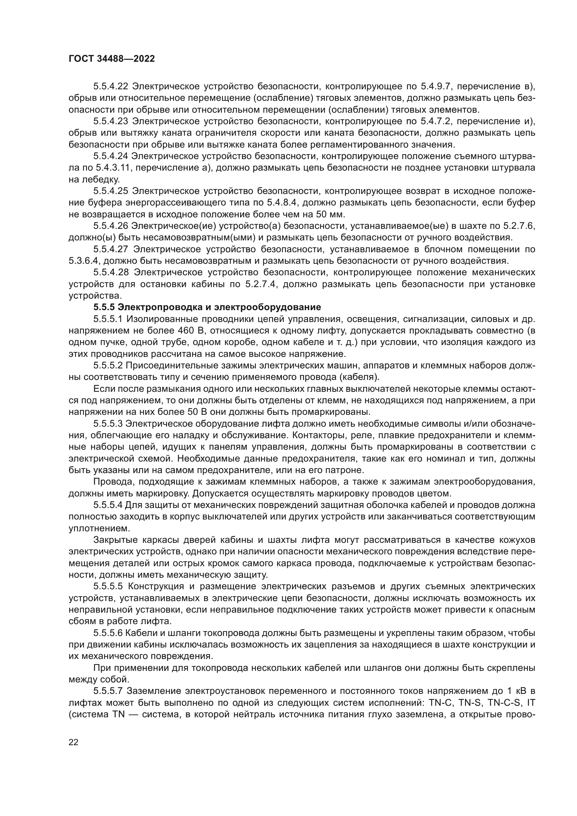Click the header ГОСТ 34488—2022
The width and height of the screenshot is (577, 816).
coord(112,59)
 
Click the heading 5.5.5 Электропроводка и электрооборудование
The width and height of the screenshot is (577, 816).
coord(207,307)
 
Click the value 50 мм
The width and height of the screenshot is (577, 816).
coord(330,214)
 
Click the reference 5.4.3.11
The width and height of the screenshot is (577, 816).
coord(112,168)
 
